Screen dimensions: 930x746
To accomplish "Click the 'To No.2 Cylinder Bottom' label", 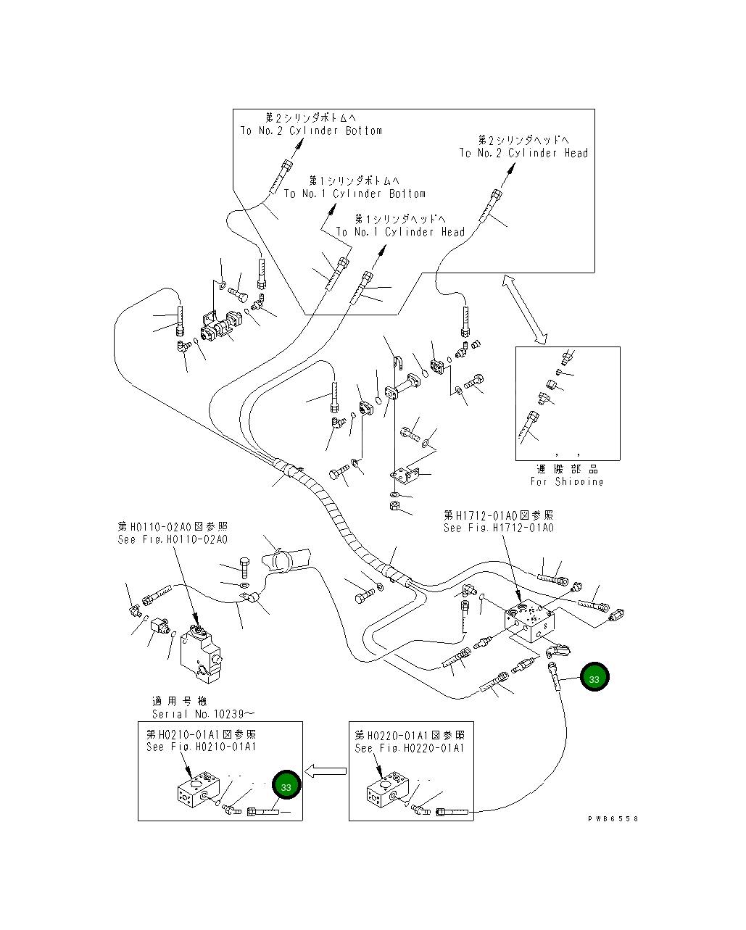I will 311,131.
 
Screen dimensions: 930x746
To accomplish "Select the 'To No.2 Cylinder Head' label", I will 523,153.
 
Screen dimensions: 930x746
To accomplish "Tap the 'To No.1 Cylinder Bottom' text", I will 355,194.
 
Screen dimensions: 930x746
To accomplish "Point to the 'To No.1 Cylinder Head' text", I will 400,232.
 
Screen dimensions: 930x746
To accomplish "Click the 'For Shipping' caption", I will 567,481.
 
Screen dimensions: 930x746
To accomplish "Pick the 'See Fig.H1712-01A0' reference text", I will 499,528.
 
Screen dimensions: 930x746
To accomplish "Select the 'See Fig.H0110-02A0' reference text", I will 173,540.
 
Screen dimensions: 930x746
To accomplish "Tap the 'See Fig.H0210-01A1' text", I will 201,747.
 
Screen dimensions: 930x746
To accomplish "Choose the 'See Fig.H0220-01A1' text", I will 410,748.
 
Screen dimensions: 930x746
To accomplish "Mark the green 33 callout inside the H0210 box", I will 286,786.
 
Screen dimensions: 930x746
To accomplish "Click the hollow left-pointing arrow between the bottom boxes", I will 324,770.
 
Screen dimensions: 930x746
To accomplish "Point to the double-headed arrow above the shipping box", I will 526,310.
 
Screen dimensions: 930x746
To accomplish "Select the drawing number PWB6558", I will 613,818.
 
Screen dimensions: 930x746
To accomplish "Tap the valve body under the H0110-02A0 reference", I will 201,652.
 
